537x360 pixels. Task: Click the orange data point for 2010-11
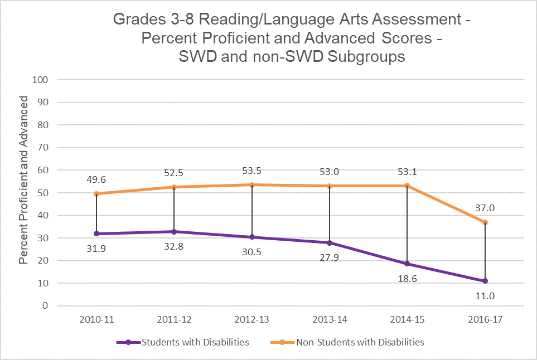click(96, 193)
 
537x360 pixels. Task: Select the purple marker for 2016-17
click(486, 281)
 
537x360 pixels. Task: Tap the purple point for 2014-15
click(408, 264)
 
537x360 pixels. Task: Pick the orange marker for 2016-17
click(486, 222)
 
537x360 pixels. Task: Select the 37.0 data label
click(486, 208)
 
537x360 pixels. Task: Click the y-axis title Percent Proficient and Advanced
click(23, 179)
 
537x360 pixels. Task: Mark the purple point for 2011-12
click(175, 231)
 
